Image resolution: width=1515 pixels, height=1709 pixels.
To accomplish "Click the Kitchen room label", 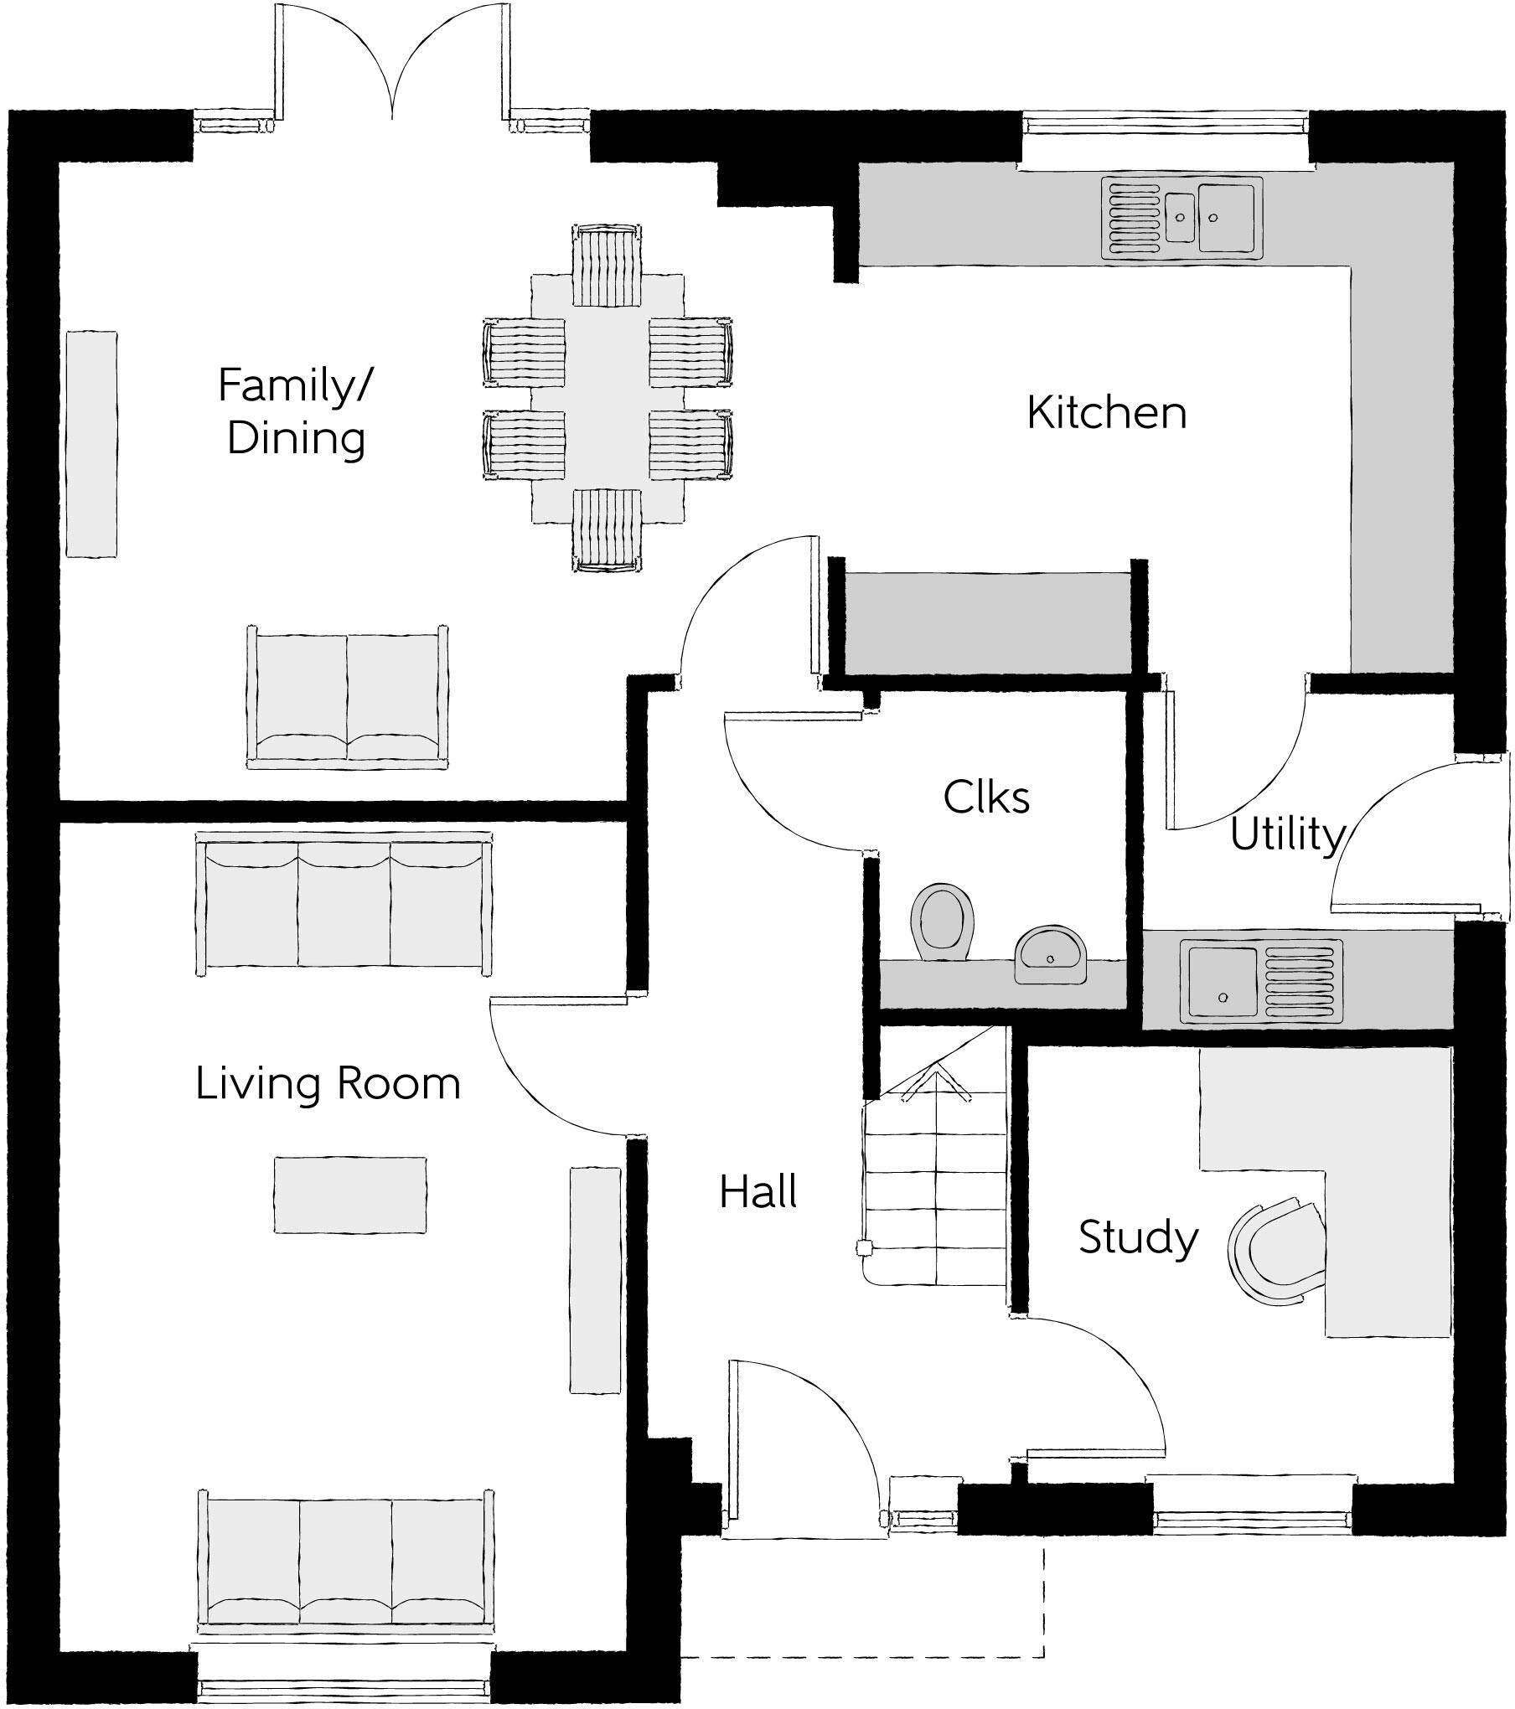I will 1106,413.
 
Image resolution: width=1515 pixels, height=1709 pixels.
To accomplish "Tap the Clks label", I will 986,797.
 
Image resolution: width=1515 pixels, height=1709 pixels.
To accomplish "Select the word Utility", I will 1286,835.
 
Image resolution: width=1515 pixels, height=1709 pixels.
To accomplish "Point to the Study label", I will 1138,1238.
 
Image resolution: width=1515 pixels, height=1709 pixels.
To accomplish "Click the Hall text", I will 758,1191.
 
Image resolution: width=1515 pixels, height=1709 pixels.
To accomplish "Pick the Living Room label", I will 328,1084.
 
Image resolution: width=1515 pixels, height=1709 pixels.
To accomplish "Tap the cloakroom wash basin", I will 1052,954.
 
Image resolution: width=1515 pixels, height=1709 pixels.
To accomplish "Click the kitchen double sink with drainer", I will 1181,218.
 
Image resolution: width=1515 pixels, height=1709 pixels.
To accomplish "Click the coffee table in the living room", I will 350,1195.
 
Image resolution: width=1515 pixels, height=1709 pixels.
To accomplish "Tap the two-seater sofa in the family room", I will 347,697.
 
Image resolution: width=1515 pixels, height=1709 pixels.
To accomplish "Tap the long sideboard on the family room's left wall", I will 90,443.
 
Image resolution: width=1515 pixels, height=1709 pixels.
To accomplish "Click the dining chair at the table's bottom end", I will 608,529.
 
